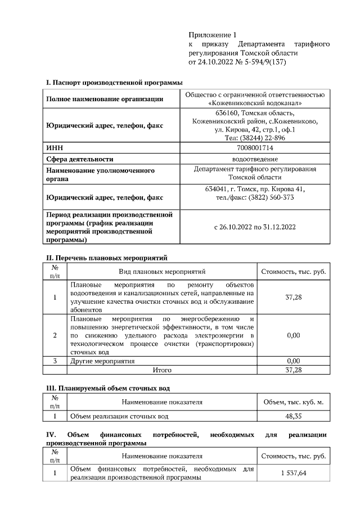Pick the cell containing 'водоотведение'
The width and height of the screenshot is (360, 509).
tap(255, 159)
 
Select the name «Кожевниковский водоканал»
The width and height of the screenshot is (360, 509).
tap(255, 103)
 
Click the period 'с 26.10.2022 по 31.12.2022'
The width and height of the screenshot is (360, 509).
tap(255, 228)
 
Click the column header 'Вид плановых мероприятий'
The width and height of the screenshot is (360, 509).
tap(162, 272)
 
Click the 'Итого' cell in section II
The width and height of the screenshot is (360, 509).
tap(162, 370)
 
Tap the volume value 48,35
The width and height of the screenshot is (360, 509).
tap(294, 417)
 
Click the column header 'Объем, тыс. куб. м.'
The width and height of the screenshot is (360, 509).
tap(294, 402)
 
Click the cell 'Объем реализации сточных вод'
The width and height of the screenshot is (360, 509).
tap(118, 417)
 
